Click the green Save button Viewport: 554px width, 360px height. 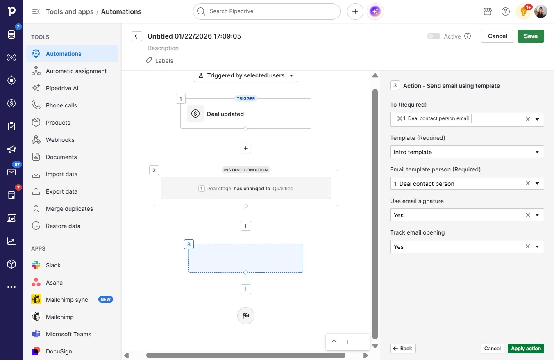(531, 36)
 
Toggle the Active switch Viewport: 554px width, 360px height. (434, 36)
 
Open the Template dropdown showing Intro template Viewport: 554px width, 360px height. (467, 152)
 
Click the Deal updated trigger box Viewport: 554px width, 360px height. (245, 114)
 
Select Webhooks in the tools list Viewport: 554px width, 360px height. (60, 140)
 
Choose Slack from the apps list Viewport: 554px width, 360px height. (53, 265)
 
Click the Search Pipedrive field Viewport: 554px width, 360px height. (267, 11)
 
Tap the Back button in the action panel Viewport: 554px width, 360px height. (403, 349)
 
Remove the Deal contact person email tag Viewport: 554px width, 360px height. (400, 118)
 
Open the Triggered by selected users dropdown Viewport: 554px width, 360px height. (246, 75)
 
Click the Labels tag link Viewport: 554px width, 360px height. (159, 61)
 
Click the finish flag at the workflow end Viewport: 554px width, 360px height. (245, 315)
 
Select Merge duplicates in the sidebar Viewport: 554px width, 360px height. (69, 209)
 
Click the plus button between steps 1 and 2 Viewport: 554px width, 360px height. (245, 148)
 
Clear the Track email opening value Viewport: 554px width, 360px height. (527, 246)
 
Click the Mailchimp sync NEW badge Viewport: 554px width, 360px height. (106, 299)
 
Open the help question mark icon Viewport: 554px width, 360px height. (505, 11)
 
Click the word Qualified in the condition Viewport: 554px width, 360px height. (283, 189)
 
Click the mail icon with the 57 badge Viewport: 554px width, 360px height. (11, 172)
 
